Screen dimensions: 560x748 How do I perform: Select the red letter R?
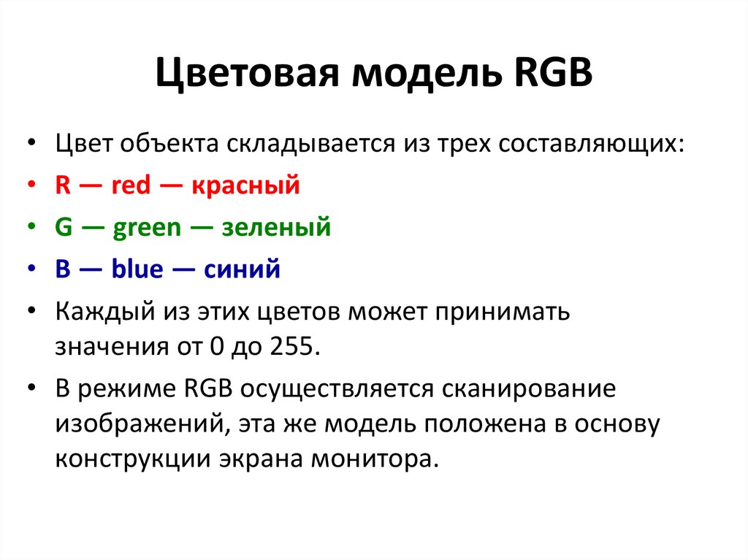[x=63, y=185]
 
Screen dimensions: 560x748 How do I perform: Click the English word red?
[x=131, y=185]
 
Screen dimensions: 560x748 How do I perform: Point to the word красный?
[x=246, y=185]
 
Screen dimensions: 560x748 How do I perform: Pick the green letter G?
[x=64, y=228]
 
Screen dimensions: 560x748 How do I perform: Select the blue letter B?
[x=63, y=269]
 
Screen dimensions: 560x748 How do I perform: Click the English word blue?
[x=137, y=269]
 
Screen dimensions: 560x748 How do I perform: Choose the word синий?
[x=242, y=269]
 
